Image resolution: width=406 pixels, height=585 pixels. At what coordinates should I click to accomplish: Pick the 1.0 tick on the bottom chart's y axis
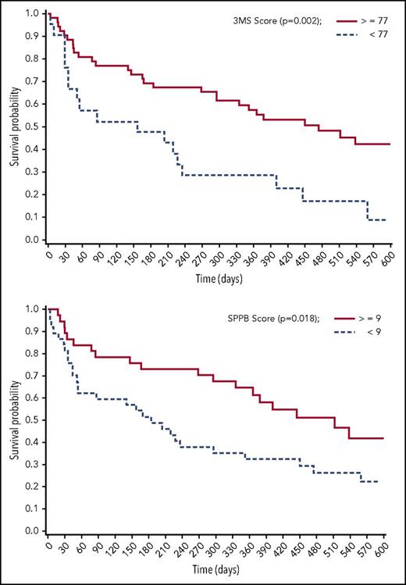(30, 309)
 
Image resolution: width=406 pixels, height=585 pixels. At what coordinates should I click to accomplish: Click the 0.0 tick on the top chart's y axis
(30, 240)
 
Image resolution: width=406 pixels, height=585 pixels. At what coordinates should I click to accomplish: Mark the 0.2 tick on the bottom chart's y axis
(30, 487)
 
